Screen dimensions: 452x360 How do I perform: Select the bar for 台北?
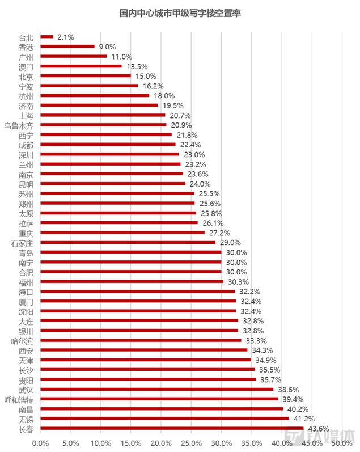point(46,37)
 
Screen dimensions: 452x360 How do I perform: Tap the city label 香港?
point(26,47)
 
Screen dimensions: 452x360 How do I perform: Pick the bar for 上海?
point(103,115)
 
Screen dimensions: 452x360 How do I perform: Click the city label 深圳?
point(26,155)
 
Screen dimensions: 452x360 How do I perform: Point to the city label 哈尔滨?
point(23,341)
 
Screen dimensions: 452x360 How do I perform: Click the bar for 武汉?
point(156,389)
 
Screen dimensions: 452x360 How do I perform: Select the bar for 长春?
point(172,428)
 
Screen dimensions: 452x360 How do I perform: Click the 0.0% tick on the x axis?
point(40,442)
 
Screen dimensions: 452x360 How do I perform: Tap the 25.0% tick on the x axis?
point(191,442)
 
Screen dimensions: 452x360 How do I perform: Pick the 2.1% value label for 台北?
point(66,37)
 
